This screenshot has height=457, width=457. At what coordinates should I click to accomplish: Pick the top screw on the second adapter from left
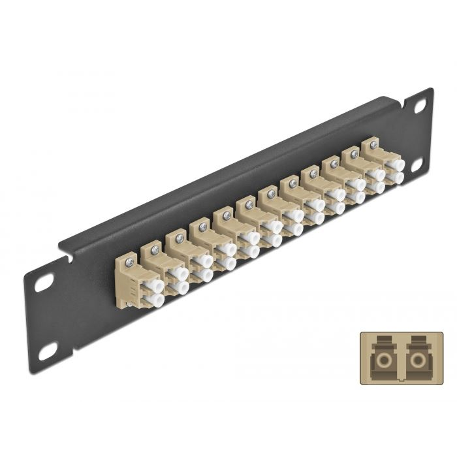(x=155, y=249)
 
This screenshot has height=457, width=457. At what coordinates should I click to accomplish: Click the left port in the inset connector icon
(x=380, y=360)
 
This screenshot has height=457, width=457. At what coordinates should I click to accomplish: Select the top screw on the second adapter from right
(x=354, y=154)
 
